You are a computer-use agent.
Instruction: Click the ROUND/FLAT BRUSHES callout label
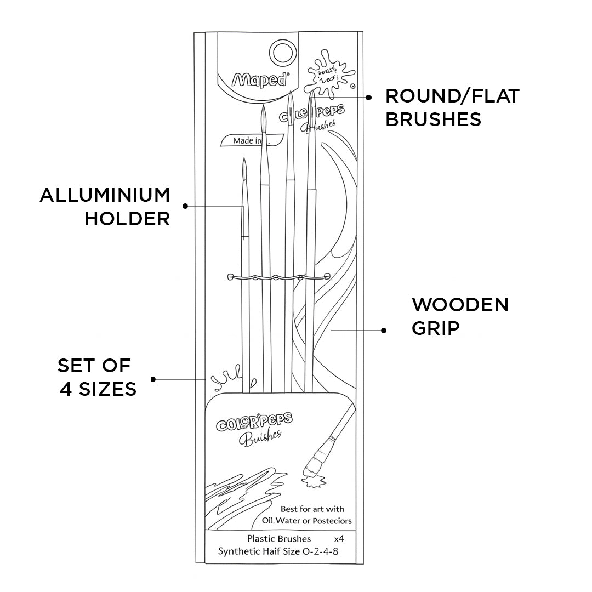tap(452, 107)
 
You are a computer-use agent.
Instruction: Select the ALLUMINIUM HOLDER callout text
tap(105, 207)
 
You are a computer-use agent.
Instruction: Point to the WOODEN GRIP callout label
tap(460, 316)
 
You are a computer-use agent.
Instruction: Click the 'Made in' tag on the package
tap(247, 141)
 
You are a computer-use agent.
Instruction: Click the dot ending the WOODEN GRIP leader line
tap(384, 330)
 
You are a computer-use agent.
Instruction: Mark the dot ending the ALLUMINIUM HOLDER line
tap(185, 206)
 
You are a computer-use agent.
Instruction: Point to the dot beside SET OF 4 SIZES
tap(153, 379)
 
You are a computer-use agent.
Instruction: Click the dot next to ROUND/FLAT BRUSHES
tap(369, 97)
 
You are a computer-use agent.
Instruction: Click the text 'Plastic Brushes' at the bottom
tap(279, 539)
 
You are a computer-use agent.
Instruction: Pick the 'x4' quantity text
tap(339, 539)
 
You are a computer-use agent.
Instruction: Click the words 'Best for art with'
tap(312, 509)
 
